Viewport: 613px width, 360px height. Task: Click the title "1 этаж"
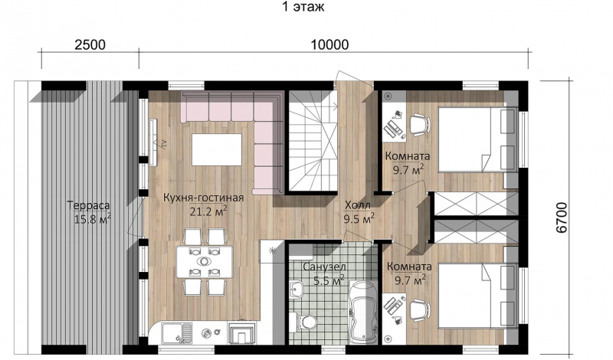click(x=303, y=7)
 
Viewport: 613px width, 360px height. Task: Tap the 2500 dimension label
click(x=90, y=45)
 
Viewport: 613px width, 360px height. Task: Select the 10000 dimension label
click(x=329, y=45)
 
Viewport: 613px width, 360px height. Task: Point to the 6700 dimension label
click(x=562, y=218)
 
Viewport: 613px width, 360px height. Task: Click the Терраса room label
click(x=88, y=205)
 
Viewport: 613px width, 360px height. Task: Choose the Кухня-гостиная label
click(x=203, y=198)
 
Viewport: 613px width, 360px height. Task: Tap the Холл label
click(x=358, y=205)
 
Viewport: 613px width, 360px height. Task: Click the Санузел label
click(x=324, y=267)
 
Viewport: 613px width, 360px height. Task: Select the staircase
click(x=313, y=141)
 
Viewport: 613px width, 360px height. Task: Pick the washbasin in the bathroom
click(x=297, y=290)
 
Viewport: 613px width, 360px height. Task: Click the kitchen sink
click(x=177, y=333)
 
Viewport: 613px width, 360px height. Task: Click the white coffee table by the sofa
click(x=216, y=149)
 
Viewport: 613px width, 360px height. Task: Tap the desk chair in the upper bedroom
click(x=419, y=124)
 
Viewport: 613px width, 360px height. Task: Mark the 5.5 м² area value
click(x=329, y=280)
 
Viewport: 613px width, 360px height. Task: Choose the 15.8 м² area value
click(x=92, y=218)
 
